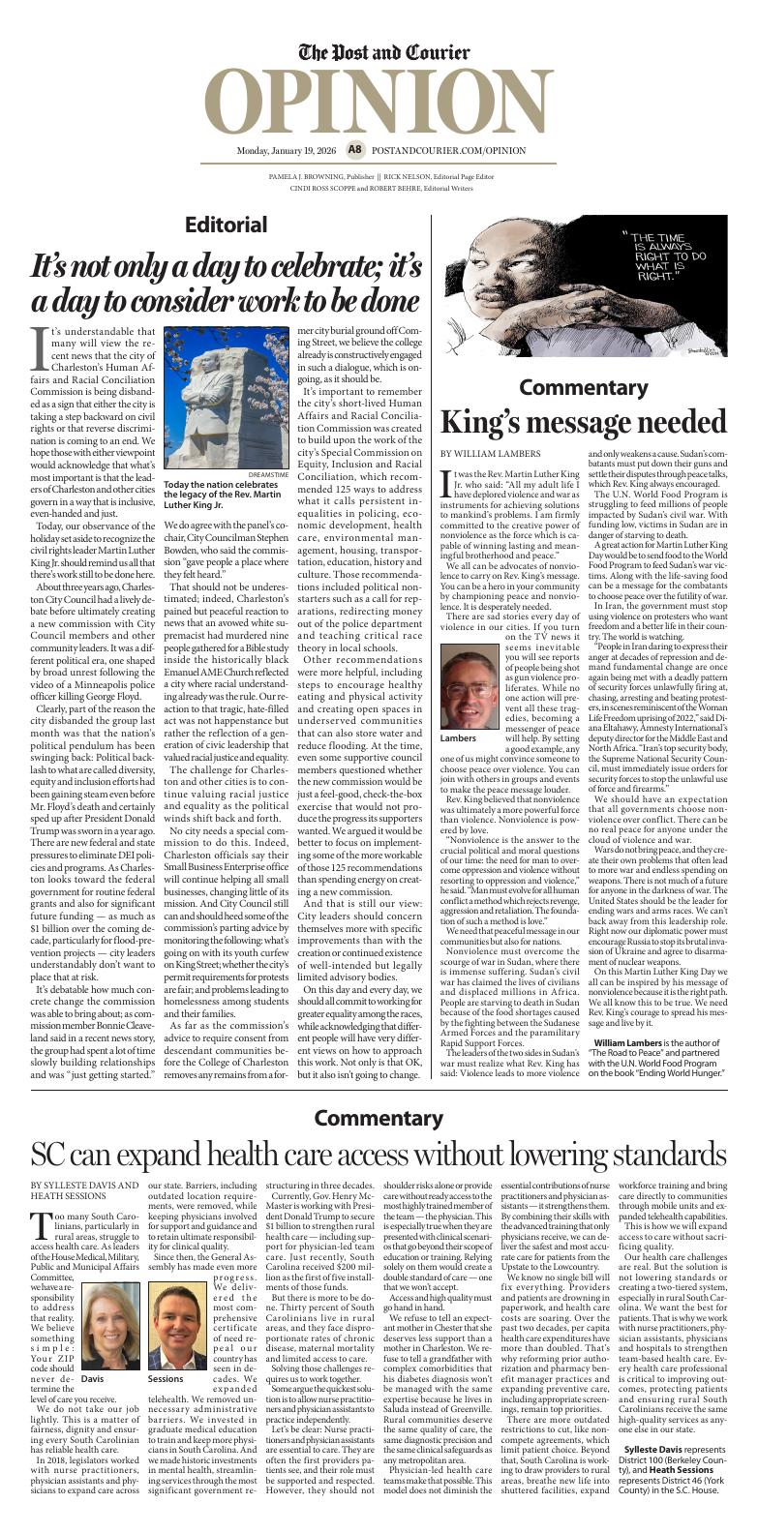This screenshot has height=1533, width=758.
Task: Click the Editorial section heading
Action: (x=226, y=225)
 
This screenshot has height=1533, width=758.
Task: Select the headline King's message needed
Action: (x=583, y=423)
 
